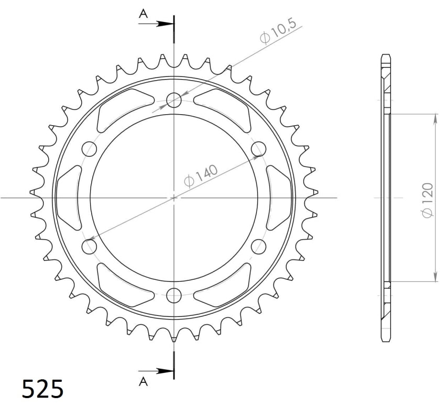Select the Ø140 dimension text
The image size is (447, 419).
point(201,174)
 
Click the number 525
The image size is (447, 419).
point(42,390)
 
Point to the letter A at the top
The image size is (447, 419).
point(143,15)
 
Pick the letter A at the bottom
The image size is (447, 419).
point(143,382)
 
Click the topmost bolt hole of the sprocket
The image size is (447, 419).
point(174,101)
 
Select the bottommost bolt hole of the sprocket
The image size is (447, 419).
point(174,295)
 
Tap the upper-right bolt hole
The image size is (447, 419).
point(258,149)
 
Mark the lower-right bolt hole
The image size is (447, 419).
point(258,246)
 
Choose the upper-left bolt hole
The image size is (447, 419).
point(90,149)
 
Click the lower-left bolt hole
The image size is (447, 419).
point(90,246)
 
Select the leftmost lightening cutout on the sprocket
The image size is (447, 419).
point(68,198)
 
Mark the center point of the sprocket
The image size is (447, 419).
point(174,198)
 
